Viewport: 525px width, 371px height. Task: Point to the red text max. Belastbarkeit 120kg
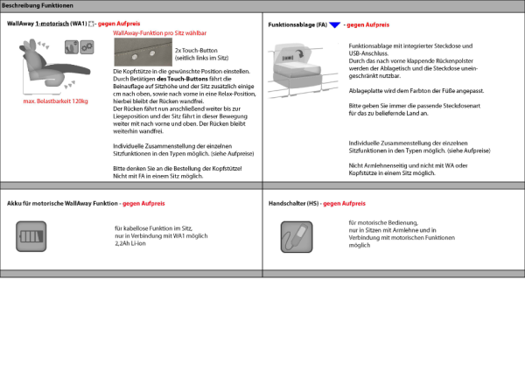point(55,101)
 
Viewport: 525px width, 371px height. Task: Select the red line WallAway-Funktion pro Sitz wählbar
point(164,31)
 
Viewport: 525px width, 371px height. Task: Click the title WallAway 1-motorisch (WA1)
point(46,23)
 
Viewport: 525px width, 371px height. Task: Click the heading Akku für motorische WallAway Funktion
point(62,203)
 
